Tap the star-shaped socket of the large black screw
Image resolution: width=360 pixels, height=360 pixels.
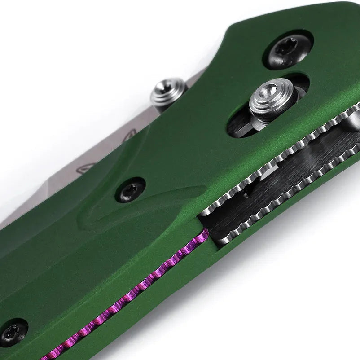click(286, 46)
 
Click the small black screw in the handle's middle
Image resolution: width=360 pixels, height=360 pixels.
click(130, 190)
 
